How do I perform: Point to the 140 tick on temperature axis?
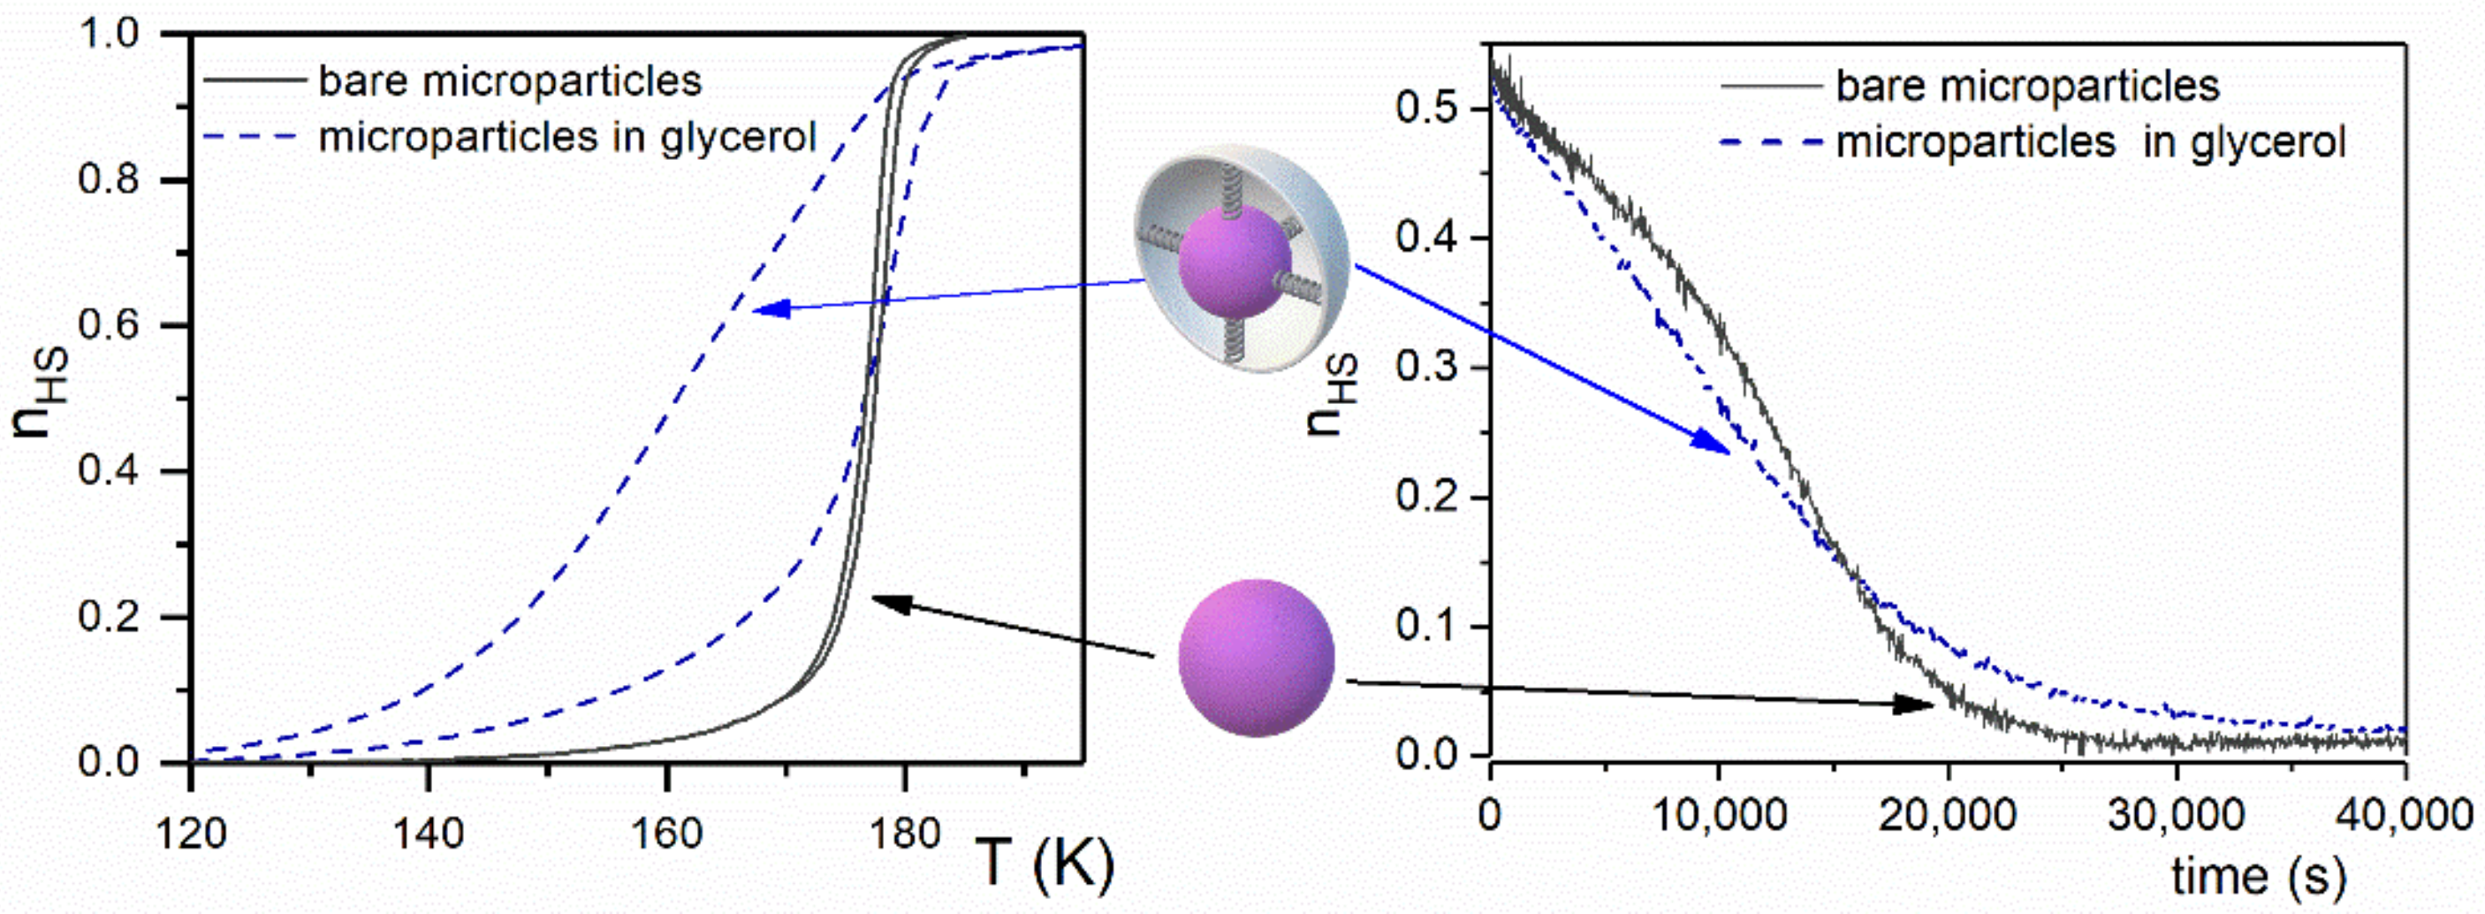click(x=429, y=832)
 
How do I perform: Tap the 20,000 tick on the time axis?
click(x=1947, y=816)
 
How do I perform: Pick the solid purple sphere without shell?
click(x=1256, y=658)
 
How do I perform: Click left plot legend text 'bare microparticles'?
click(x=509, y=81)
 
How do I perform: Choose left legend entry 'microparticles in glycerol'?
click(x=567, y=137)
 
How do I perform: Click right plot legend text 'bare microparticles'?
click(x=2026, y=86)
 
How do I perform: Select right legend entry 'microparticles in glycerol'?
click(x=2089, y=143)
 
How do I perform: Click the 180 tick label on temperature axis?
click(x=903, y=832)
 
